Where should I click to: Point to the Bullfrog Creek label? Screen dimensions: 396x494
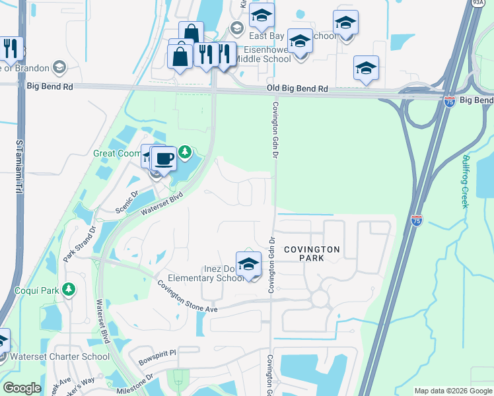tap(466, 181)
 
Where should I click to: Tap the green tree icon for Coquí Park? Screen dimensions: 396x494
tap(68, 289)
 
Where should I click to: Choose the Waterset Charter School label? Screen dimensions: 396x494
tap(59, 357)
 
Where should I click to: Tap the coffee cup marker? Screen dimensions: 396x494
tap(164, 158)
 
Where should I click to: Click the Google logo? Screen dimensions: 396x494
tap(22, 388)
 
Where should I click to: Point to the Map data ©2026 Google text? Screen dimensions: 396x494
tap(453, 391)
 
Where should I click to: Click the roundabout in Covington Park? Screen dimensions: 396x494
tap(321, 298)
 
